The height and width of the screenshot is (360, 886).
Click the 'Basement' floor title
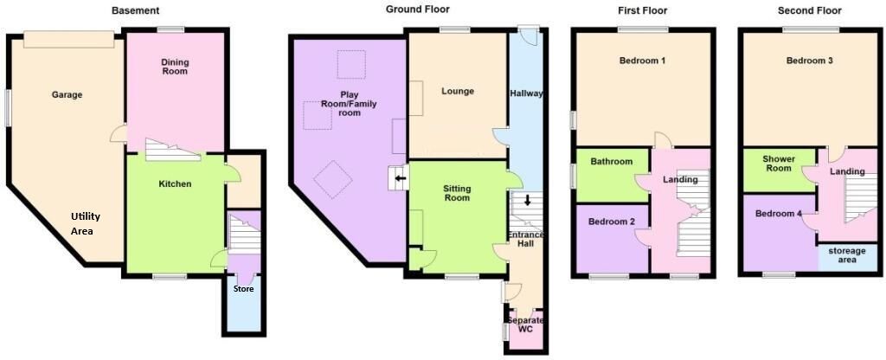coord(135,11)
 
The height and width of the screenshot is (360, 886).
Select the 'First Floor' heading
coord(643,11)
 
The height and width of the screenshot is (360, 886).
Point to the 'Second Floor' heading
coord(810,11)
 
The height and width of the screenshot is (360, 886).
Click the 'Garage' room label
coord(67,95)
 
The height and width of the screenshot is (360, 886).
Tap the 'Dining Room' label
coord(176,66)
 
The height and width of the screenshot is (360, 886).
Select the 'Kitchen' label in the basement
coord(175,184)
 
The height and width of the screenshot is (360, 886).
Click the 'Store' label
coord(243,289)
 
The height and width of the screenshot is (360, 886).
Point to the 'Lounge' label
coord(456,91)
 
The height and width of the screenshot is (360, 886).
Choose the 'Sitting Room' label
coord(457,193)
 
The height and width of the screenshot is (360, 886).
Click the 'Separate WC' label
coord(526,325)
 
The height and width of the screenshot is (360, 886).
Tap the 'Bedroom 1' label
coord(642,61)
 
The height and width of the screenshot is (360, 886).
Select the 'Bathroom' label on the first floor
coord(612,162)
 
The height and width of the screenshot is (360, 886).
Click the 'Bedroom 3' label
coord(810,61)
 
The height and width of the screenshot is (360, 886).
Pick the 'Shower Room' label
coord(779,164)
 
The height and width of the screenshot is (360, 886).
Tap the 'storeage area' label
coord(848,255)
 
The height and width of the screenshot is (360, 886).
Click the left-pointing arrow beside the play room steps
coord(399,180)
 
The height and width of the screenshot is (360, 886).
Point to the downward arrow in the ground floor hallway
coord(527,201)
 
